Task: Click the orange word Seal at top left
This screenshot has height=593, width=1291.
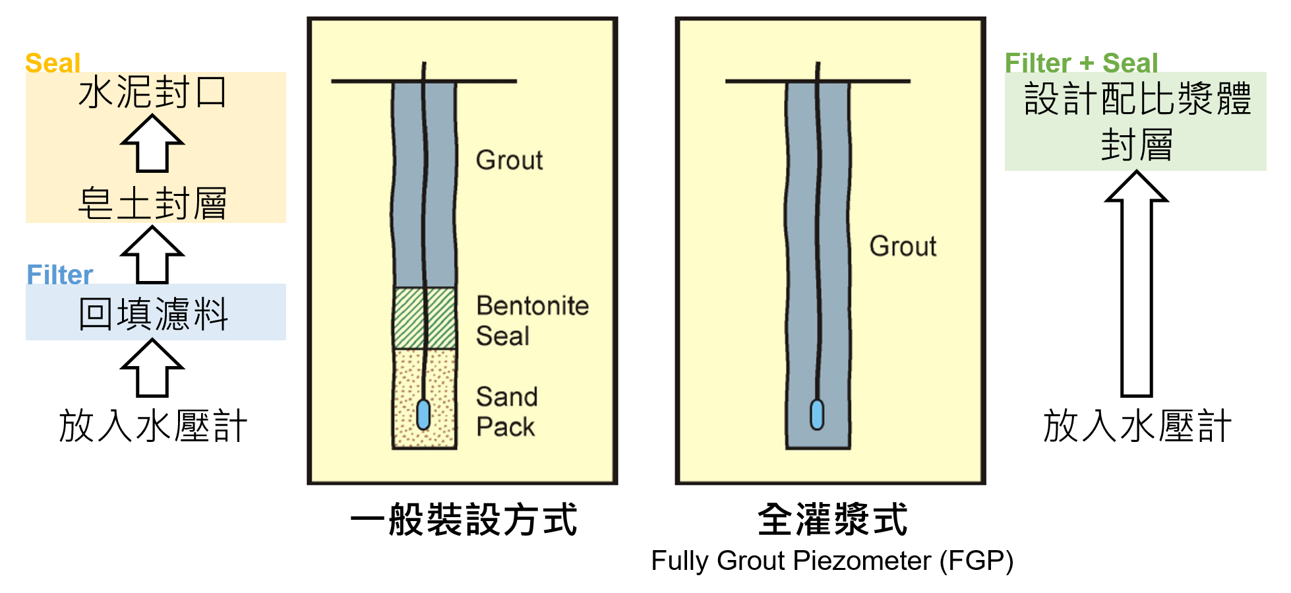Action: click(x=53, y=63)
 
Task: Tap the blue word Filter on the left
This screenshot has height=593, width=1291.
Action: click(x=60, y=275)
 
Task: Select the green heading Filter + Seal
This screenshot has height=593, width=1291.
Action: click(x=1081, y=63)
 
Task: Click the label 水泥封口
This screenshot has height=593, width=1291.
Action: click(x=153, y=92)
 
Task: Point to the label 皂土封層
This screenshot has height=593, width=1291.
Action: click(x=153, y=203)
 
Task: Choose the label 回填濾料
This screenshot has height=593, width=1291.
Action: click(x=154, y=314)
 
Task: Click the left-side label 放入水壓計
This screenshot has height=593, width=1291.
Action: click(x=153, y=426)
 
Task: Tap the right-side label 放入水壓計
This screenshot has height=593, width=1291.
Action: click(x=1137, y=426)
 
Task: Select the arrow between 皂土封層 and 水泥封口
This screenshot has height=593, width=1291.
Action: click(x=152, y=143)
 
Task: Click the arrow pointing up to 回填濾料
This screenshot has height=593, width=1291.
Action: click(x=152, y=368)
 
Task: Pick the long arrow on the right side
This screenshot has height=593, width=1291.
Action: click(x=1137, y=284)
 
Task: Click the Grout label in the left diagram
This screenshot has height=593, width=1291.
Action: click(x=510, y=160)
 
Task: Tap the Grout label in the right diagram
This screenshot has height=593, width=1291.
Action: click(x=903, y=246)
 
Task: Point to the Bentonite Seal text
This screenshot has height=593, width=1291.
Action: click(x=533, y=321)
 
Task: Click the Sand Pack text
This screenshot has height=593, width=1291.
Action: click(x=507, y=412)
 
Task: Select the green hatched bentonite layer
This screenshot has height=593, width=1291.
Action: click(x=425, y=318)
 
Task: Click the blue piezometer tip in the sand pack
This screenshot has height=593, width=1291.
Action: click(x=424, y=414)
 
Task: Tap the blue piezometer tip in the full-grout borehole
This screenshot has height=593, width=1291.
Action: click(x=817, y=414)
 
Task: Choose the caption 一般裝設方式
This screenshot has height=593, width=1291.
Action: click(x=464, y=520)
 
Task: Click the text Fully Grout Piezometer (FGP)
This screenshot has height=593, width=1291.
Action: click(x=832, y=561)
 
